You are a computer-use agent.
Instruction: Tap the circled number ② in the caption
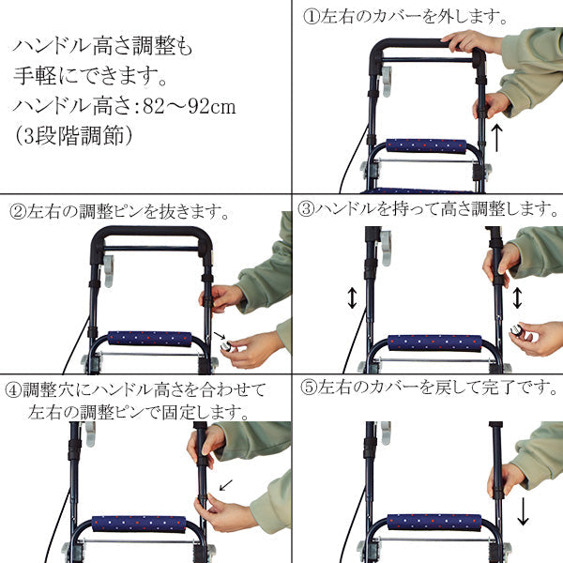[x=17, y=212]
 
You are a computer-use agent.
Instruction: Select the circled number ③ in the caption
[x=306, y=208]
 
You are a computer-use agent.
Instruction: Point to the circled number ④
[x=13, y=388]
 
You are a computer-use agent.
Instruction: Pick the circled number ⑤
[x=306, y=386]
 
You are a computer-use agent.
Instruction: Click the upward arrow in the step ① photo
[x=498, y=137]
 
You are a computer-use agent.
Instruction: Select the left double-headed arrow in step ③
[x=352, y=298]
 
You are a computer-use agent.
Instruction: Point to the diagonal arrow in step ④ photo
[x=225, y=485]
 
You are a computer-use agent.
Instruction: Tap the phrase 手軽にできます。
[x=88, y=75]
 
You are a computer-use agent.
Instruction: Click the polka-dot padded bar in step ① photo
[x=426, y=146]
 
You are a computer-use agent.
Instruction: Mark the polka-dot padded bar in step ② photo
[x=149, y=338]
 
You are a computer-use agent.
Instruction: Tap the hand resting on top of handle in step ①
[x=470, y=40]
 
